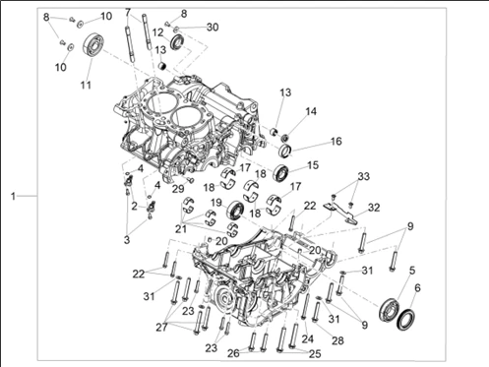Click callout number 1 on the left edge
(13, 197)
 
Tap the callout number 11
(86, 85)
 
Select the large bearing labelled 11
(93, 44)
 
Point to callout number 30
(213, 27)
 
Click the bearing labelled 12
(178, 42)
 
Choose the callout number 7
(128, 13)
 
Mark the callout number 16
(336, 142)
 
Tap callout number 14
(311, 111)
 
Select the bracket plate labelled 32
(340, 212)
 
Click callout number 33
(363, 176)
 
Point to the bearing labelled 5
(390, 309)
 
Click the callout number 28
(337, 340)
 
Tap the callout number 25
(315, 354)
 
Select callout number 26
(234, 353)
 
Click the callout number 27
(161, 327)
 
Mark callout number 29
(179, 189)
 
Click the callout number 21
(181, 228)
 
